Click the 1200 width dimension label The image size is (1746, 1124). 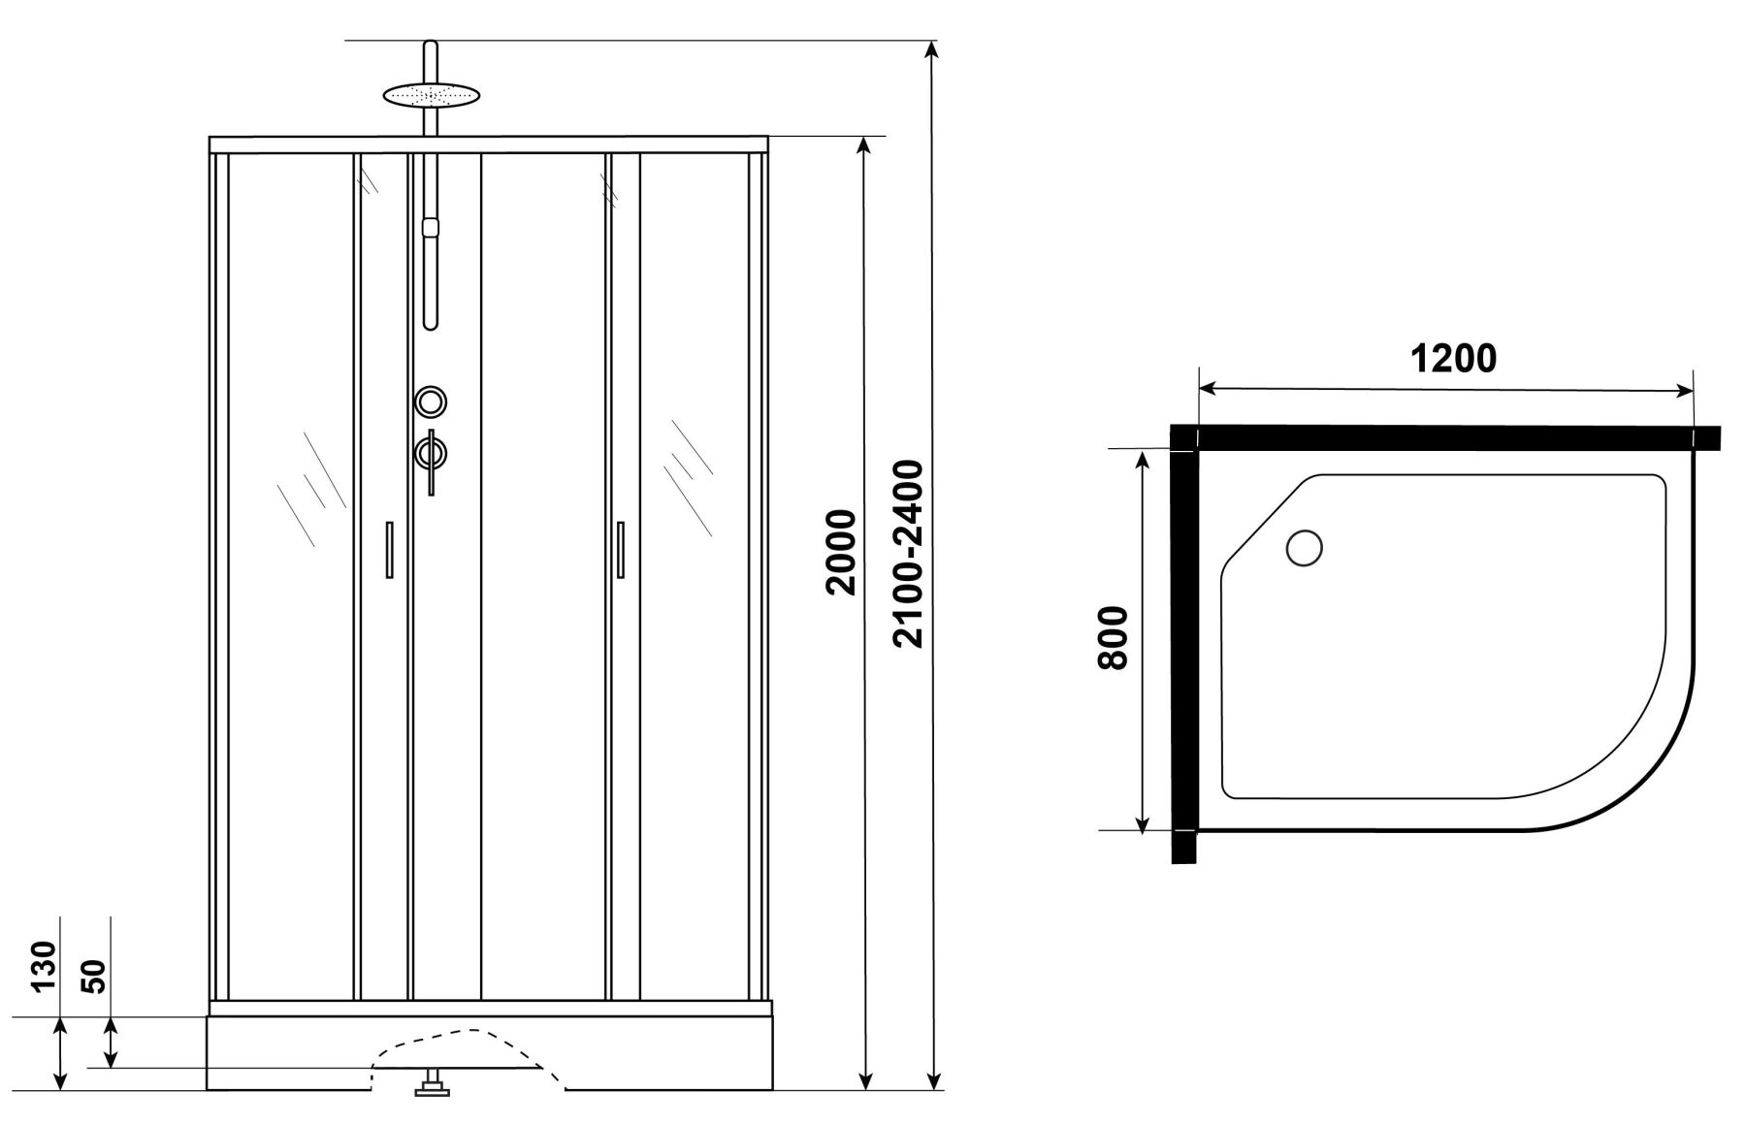tap(1452, 359)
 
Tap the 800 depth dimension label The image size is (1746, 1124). tap(1114, 637)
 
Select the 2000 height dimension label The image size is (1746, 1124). tap(839, 551)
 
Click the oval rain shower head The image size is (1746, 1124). tap(432, 95)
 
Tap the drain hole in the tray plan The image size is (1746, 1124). tap(1304, 548)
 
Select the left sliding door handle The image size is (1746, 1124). tap(389, 550)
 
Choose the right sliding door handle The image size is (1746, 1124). tap(620, 550)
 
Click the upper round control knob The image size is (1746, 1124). tap(431, 401)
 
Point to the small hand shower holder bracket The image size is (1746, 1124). tap(432, 227)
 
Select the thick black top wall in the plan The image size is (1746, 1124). tap(1445, 438)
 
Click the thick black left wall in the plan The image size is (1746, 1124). tap(1183, 645)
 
